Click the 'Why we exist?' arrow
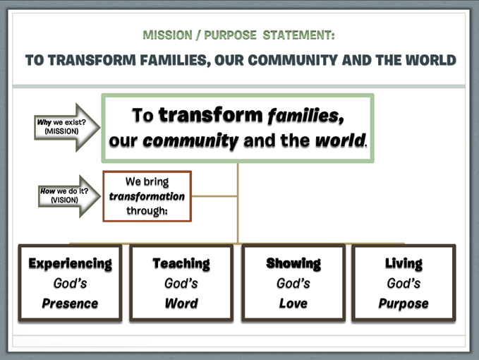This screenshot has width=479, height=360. click(67, 127)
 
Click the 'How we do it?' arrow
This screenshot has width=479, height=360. click(70, 196)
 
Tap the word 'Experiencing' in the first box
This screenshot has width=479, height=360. click(71, 263)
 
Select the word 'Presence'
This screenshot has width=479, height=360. click(71, 304)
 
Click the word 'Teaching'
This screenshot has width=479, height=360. click(181, 263)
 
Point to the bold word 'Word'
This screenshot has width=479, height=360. click(181, 304)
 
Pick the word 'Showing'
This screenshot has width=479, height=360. click(293, 263)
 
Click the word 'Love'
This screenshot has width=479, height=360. click(293, 304)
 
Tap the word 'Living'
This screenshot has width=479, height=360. click(404, 263)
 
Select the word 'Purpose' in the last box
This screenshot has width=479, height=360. click(404, 304)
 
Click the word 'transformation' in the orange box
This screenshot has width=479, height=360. click(147, 196)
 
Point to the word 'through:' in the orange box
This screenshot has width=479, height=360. click(147, 210)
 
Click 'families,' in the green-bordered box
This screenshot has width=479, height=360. click(305, 116)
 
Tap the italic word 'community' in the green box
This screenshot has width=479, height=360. click(190, 141)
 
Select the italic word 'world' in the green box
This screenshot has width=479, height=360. click(340, 140)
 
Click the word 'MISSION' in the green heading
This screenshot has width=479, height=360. click(167, 35)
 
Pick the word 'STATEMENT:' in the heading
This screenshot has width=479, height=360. click(299, 35)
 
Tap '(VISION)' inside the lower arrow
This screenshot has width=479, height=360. click(64, 200)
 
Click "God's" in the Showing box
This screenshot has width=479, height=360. click(293, 283)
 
